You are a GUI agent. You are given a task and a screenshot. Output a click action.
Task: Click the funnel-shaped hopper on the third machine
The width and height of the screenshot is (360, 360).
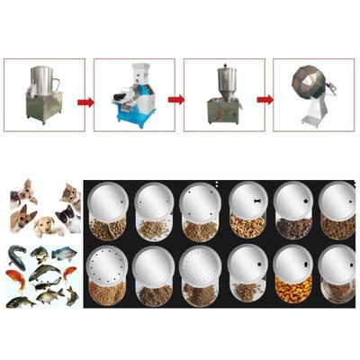pyautogui.click(x=224, y=79)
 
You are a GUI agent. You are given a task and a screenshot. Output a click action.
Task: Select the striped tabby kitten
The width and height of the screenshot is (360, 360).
pyautogui.click(x=69, y=193)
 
